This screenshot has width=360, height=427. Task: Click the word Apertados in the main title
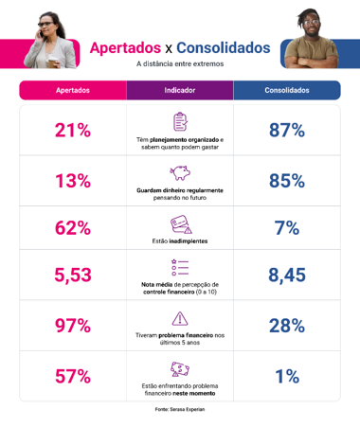[x=125, y=48]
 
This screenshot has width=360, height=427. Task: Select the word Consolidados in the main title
[x=224, y=48]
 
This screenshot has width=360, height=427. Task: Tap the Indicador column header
[x=180, y=90]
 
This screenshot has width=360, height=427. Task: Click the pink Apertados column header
[x=73, y=90]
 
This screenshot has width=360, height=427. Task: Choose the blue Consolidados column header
[x=287, y=90]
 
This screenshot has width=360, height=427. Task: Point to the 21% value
[x=73, y=130]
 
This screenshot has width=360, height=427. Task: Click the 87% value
[x=287, y=130]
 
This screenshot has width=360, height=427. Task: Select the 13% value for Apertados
[x=73, y=181]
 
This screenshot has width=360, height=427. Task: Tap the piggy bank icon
[x=180, y=172]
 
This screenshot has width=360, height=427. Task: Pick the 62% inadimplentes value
[x=73, y=228]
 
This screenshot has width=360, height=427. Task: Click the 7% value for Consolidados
[x=287, y=228]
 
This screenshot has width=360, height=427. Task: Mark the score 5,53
[x=73, y=275]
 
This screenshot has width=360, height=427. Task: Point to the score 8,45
[x=287, y=275]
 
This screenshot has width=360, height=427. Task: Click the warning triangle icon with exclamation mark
[x=180, y=318]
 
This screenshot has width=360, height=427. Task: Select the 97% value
[x=73, y=326]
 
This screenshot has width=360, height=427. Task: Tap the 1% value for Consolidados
[x=287, y=376]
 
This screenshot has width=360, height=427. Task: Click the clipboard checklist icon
[x=180, y=121]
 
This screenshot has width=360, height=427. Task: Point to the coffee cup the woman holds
[x=52, y=62]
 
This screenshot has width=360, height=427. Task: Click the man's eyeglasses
[x=312, y=23]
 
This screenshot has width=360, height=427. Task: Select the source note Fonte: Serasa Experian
[x=180, y=409]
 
